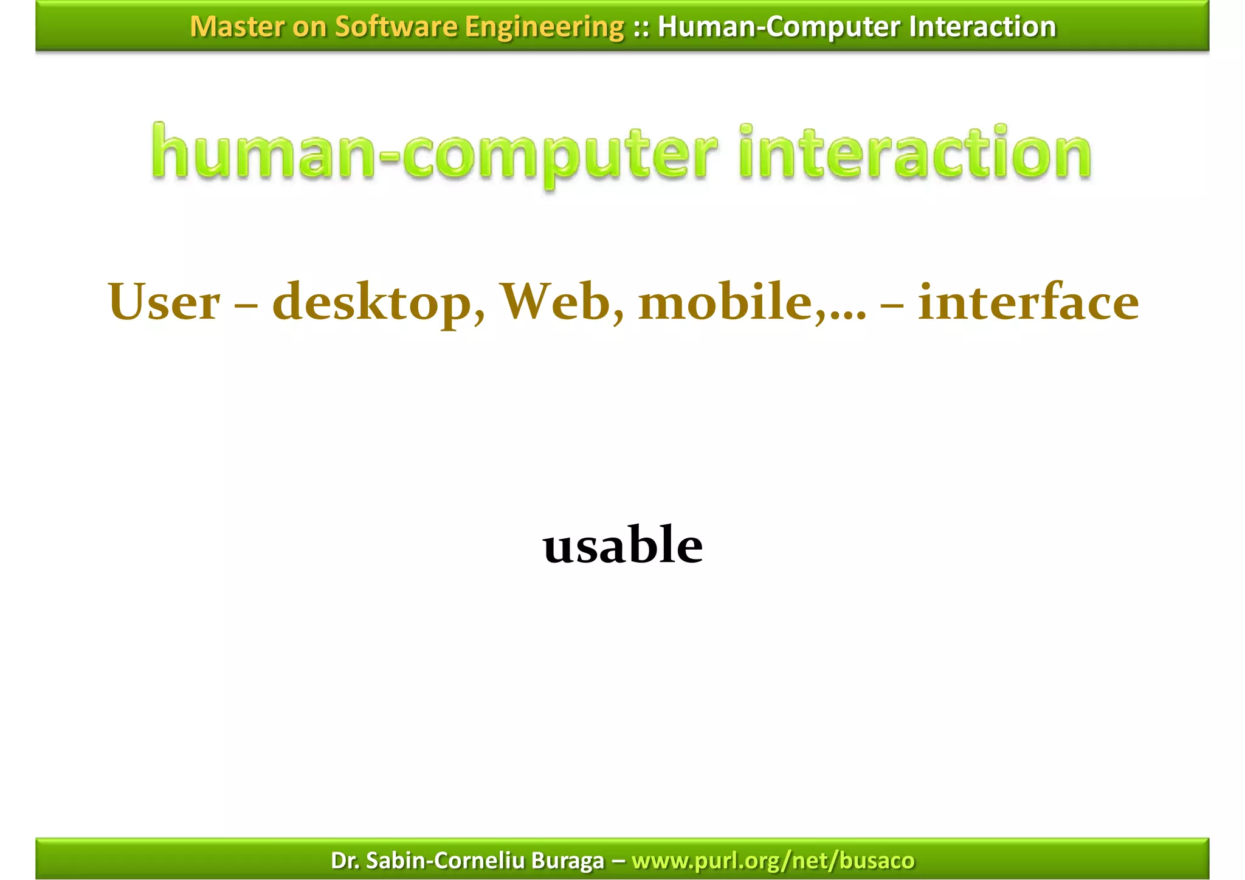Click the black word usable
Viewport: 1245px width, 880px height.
(x=622, y=544)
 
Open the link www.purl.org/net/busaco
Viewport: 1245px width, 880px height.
(x=773, y=861)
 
